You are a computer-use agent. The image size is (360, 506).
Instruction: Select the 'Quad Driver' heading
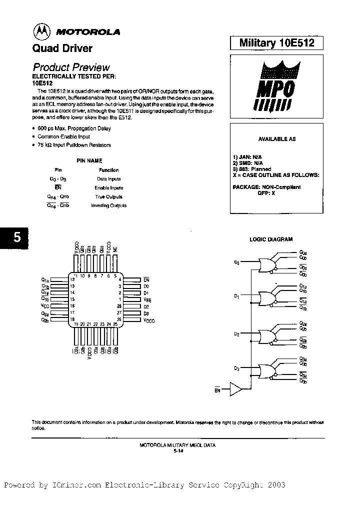click(x=62, y=48)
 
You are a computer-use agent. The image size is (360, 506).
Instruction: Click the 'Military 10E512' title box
click(x=276, y=43)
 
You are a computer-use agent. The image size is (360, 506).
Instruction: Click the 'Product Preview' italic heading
click(x=71, y=67)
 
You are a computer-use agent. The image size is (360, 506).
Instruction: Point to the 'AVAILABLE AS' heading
click(x=276, y=139)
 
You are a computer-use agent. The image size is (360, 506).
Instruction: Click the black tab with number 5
click(x=16, y=238)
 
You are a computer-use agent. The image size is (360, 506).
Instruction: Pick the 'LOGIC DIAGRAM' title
click(x=271, y=239)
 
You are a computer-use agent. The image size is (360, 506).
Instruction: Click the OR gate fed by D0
click(x=265, y=264)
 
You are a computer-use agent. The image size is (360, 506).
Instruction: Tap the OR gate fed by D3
click(x=265, y=370)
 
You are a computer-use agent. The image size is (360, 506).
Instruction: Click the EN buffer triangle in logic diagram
click(x=235, y=389)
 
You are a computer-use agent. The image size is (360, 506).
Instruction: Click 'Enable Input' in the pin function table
click(x=108, y=187)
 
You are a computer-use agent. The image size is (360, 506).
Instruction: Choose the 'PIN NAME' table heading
click(x=89, y=161)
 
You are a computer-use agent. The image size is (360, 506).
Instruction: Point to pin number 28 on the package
click(x=119, y=305)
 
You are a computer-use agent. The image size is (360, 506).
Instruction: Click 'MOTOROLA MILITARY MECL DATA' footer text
click(x=178, y=445)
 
